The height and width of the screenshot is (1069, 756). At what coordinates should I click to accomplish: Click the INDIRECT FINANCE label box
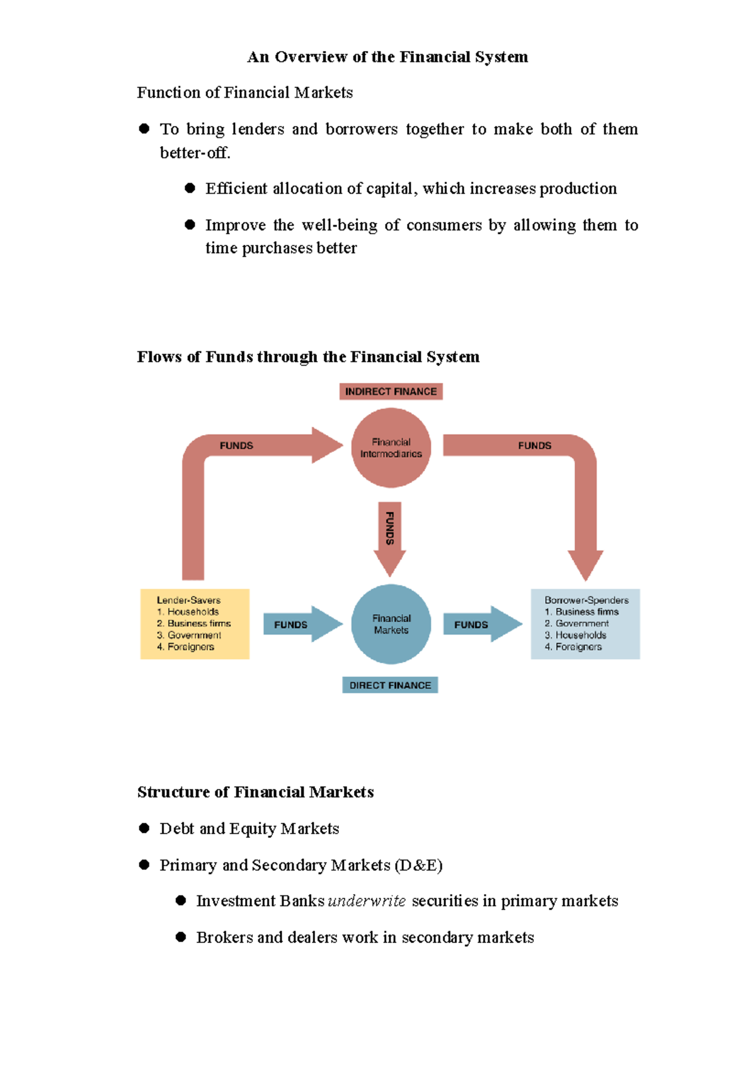tap(391, 392)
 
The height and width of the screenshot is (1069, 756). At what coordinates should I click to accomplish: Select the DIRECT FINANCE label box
tap(390, 685)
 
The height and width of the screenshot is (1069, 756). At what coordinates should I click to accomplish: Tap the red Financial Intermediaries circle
tap(391, 448)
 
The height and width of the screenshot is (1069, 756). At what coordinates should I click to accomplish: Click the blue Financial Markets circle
tap(391, 624)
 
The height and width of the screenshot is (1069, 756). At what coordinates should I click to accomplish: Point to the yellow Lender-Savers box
tap(195, 624)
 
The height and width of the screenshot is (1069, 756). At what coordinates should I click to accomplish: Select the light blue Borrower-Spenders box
tap(585, 624)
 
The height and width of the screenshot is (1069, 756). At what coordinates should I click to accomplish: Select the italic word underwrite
tap(367, 901)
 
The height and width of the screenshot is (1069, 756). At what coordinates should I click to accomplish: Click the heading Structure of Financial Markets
tap(255, 792)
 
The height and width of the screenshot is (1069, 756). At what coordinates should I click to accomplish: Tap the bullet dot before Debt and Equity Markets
tap(144, 829)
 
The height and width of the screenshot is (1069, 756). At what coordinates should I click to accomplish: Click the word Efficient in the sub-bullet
tap(236, 189)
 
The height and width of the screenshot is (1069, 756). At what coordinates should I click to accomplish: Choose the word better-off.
tap(195, 153)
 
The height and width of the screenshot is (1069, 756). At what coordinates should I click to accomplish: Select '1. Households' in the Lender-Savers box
tap(188, 612)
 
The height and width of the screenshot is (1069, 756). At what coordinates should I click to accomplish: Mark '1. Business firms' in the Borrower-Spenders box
tap(581, 612)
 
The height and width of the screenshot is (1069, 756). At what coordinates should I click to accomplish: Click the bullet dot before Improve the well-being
tap(190, 225)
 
